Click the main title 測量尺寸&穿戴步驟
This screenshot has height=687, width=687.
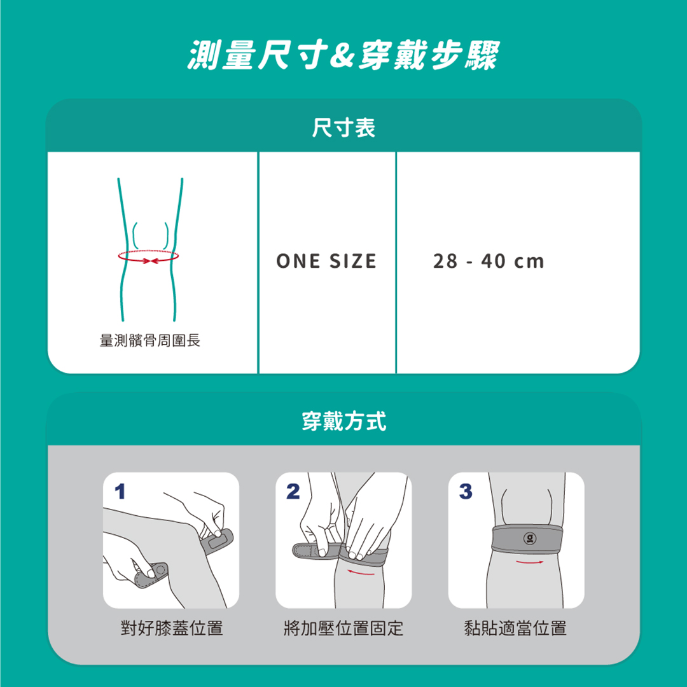pyautogui.click(x=343, y=55)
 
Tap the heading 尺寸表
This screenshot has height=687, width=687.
pyautogui.click(x=343, y=128)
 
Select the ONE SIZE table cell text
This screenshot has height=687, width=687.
pyautogui.click(x=326, y=261)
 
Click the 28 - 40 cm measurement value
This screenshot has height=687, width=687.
pyautogui.click(x=489, y=261)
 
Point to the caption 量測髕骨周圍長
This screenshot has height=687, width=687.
pyautogui.click(x=150, y=340)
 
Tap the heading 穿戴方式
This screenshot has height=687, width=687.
pyautogui.click(x=344, y=421)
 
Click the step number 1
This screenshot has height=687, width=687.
pyautogui.click(x=120, y=491)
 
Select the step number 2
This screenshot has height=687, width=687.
pyautogui.click(x=293, y=491)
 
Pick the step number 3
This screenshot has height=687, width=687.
pyautogui.click(x=466, y=491)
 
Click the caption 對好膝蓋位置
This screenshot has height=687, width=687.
pyautogui.click(x=172, y=628)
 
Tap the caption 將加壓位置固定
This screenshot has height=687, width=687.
pyautogui.click(x=343, y=628)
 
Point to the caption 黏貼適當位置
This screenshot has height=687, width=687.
pyautogui.click(x=516, y=628)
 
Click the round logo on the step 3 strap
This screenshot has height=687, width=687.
pyautogui.click(x=530, y=538)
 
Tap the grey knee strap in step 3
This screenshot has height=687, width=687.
pyautogui.click(x=527, y=538)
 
